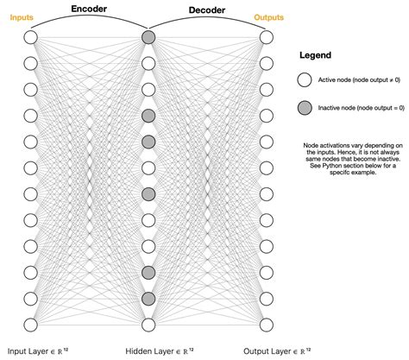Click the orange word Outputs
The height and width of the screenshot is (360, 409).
click(268, 16)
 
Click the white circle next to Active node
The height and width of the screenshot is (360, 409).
click(305, 81)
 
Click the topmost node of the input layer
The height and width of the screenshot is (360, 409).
click(31, 37)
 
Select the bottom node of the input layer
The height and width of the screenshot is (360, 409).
click(31, 325)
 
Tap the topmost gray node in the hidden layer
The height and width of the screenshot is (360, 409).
click(148, 37)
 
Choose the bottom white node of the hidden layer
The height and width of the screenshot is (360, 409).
click(148, 325)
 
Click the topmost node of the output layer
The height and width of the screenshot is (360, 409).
click(266, 37)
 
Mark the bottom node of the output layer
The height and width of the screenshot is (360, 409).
click(266, 325)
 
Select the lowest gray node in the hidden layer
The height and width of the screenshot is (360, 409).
click(148, 299)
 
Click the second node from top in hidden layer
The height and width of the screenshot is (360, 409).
click(148, 63)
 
